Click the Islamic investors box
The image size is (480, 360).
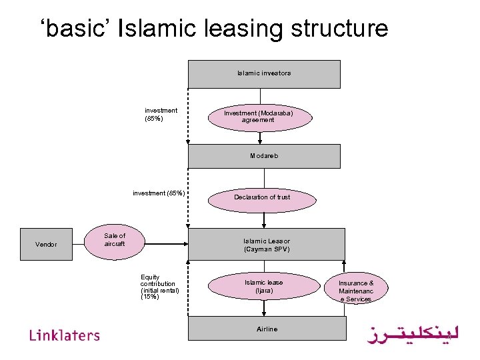pos(264,73)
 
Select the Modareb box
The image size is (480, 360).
pos(264,156)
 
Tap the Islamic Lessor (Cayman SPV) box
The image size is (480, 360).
pos(267,245)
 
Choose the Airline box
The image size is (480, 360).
pos(267,329)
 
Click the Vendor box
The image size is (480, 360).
pos(46,245)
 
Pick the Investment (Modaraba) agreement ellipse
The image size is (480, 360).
pos(258,117)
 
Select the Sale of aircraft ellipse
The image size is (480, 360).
pos(114,240)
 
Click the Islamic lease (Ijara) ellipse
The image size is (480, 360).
pos(264,287)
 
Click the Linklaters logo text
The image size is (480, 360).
pos(65,335)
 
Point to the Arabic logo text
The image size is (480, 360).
pos(413,333)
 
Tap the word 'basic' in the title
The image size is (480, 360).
pos(75,29)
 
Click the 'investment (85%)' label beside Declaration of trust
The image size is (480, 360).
pos(159,193)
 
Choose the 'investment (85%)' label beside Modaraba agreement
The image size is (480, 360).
pos(161,115)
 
